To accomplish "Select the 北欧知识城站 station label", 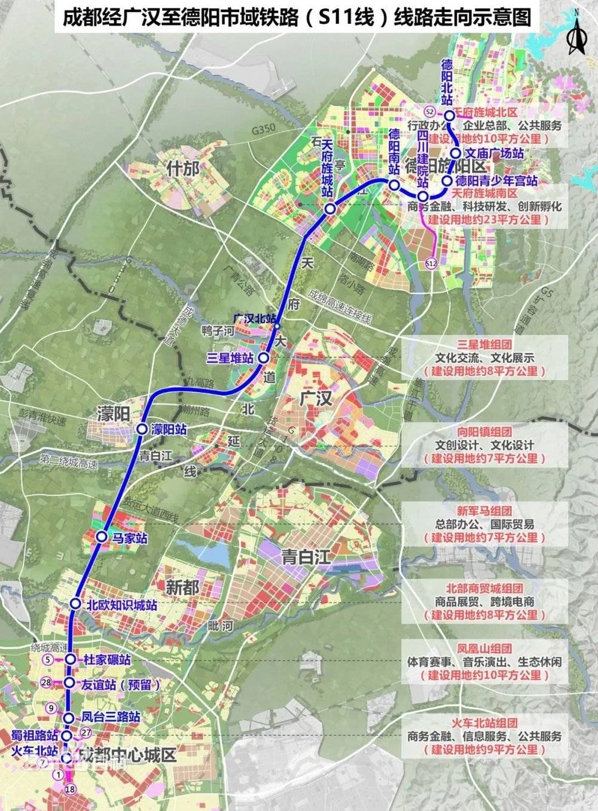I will [122, 604].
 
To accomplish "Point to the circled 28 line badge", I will [47, 683].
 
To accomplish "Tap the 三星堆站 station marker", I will [264, 357].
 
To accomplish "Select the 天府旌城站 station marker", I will [330, 209].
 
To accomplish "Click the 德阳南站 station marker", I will [393, 185].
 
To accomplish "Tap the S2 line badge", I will [429, 112].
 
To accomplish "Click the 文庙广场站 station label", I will [495, 154].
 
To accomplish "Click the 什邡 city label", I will [184, 169].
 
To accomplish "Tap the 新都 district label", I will [182, 586].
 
